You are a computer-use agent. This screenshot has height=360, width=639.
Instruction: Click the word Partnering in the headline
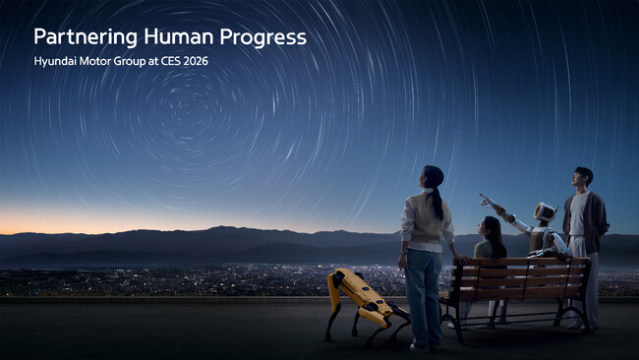(84, 37)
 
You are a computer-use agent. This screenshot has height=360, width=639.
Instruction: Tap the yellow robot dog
(362, 298)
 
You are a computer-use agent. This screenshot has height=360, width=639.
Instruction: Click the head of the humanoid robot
(544, 212)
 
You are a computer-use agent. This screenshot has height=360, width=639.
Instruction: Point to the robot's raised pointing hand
(486, 200)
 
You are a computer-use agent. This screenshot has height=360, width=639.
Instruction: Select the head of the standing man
(583, 177)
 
